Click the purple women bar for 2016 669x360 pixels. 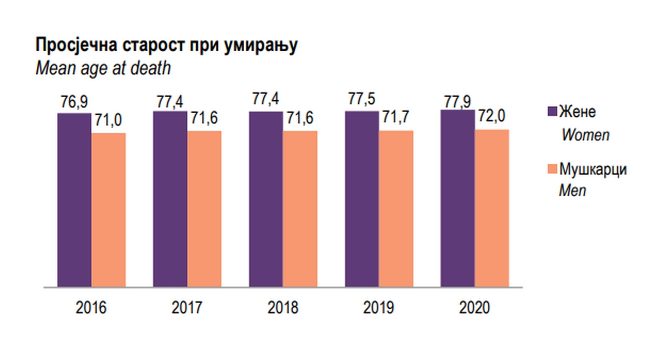pyautogui.click(x=74, y=200)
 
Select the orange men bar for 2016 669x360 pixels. pyautogui.click(x=109, y=210)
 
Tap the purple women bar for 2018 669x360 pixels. pyautogui.click(x=266, y=199)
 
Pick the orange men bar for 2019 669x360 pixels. pyautogui.click(x=396, y=209)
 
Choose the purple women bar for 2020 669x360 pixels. pyautogui.click(x=457, y=198)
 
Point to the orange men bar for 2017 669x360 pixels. pyautogui.click(x=205, y=209)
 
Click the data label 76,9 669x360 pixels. pyautogui.click(x=74, y=103)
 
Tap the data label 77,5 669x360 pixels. pyautogui.click(x=362, y=101)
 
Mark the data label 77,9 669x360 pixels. pyautogui.click(x=458, y=101)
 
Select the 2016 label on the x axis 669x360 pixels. pyautogui.click(x=91, y=307)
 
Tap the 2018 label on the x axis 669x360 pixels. pyautogui.click(x=283, y=307)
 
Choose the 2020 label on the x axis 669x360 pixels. pyautogui.click(x=474, y=307)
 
